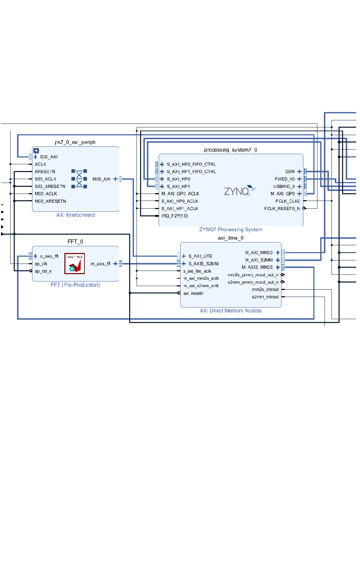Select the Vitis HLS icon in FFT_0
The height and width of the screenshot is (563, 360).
pyautogui.click(x=75, y=264)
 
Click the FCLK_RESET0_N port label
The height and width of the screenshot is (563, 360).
pyautogui.click(x=282, y=209)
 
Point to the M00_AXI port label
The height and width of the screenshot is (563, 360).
pyautogui.click(x=101, y=179)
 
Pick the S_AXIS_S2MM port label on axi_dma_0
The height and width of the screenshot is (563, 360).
pyautogui.click(x=203, y=264)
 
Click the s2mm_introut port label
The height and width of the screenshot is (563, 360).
pyautogui.click(x=265, y=297)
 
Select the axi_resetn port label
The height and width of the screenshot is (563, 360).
pyautogui.click(x=193, y=293)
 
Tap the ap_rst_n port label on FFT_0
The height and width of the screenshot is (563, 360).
pyautogui.click(x=43, y=271)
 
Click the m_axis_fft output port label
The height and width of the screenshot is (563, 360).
pyautogui.click(x=100, y=264)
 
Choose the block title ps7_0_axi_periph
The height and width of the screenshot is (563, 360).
pyautogui.click(x=75, y=143)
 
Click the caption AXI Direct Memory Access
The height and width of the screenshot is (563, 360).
pyautogui.click(x=230, y=311)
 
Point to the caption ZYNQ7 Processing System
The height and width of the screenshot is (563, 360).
pyautogui.click(x=230, y=229)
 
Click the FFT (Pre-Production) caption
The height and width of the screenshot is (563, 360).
pyautogui.click(x=75, y=285)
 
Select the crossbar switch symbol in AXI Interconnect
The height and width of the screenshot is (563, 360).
pyautogui.click(x=79, y=179)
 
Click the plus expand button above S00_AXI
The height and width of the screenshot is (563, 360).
pyautogui.click(x=36, y=151)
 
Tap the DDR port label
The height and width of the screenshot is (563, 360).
pyautogui.click(x=290, y=172)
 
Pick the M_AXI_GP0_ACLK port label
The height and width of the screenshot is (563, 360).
pyautogui.click(x=180, y=194)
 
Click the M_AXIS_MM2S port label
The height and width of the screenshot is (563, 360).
pyautogui.click(x=257, y=267)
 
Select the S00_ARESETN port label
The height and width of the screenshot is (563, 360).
pyautogui.click(x=50, y=186)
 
